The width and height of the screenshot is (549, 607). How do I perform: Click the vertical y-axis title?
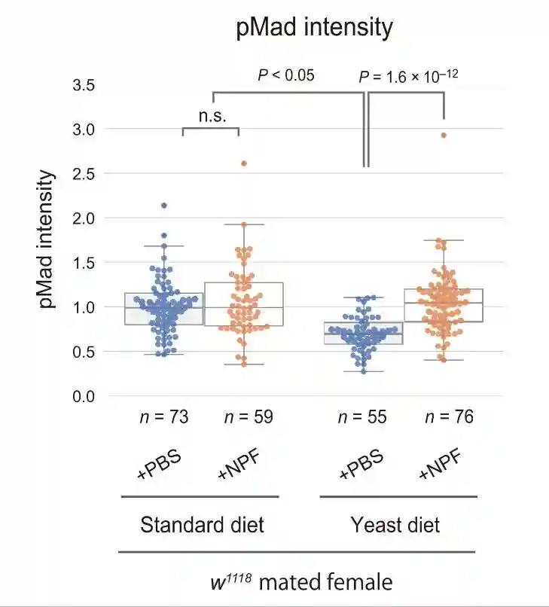click(47, 240)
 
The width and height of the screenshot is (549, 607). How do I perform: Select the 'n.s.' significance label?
click(212, 116)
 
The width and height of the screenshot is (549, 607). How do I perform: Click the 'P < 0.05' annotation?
click(286, 75)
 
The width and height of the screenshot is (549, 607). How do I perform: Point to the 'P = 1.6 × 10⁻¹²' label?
click(408, 76)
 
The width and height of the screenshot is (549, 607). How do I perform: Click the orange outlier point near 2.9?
click(444, 136)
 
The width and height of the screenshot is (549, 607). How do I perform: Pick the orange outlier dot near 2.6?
click(244, 163)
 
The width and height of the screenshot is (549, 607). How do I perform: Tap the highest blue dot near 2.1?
click(164, 206)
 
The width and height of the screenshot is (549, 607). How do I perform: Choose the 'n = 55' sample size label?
click(363, 416)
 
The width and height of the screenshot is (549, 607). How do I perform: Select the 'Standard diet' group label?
click(202, 524)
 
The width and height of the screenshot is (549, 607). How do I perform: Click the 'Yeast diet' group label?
click(396, 524)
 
